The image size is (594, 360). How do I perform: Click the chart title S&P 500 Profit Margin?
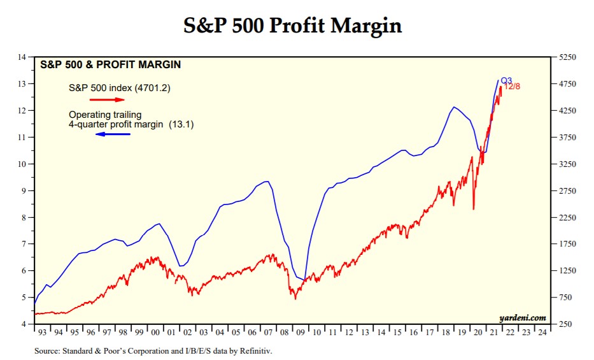(x=293, y=25)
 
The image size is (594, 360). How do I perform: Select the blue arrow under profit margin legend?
(x=113, y=134)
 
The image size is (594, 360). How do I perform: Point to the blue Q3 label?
(x=506, y=81)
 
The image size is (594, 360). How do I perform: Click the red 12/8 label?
(x=513, y=87)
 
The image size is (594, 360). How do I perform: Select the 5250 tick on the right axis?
(x=567, y=57)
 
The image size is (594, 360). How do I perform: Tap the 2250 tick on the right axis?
(x=567, y=217)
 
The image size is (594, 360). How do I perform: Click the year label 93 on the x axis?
(x=43, y=333)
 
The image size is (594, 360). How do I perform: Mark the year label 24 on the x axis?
(x=541, y=333)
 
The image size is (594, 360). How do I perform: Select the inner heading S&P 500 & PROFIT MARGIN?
(x=110, y=64)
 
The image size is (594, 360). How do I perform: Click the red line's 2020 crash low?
(x=473, y=209)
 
